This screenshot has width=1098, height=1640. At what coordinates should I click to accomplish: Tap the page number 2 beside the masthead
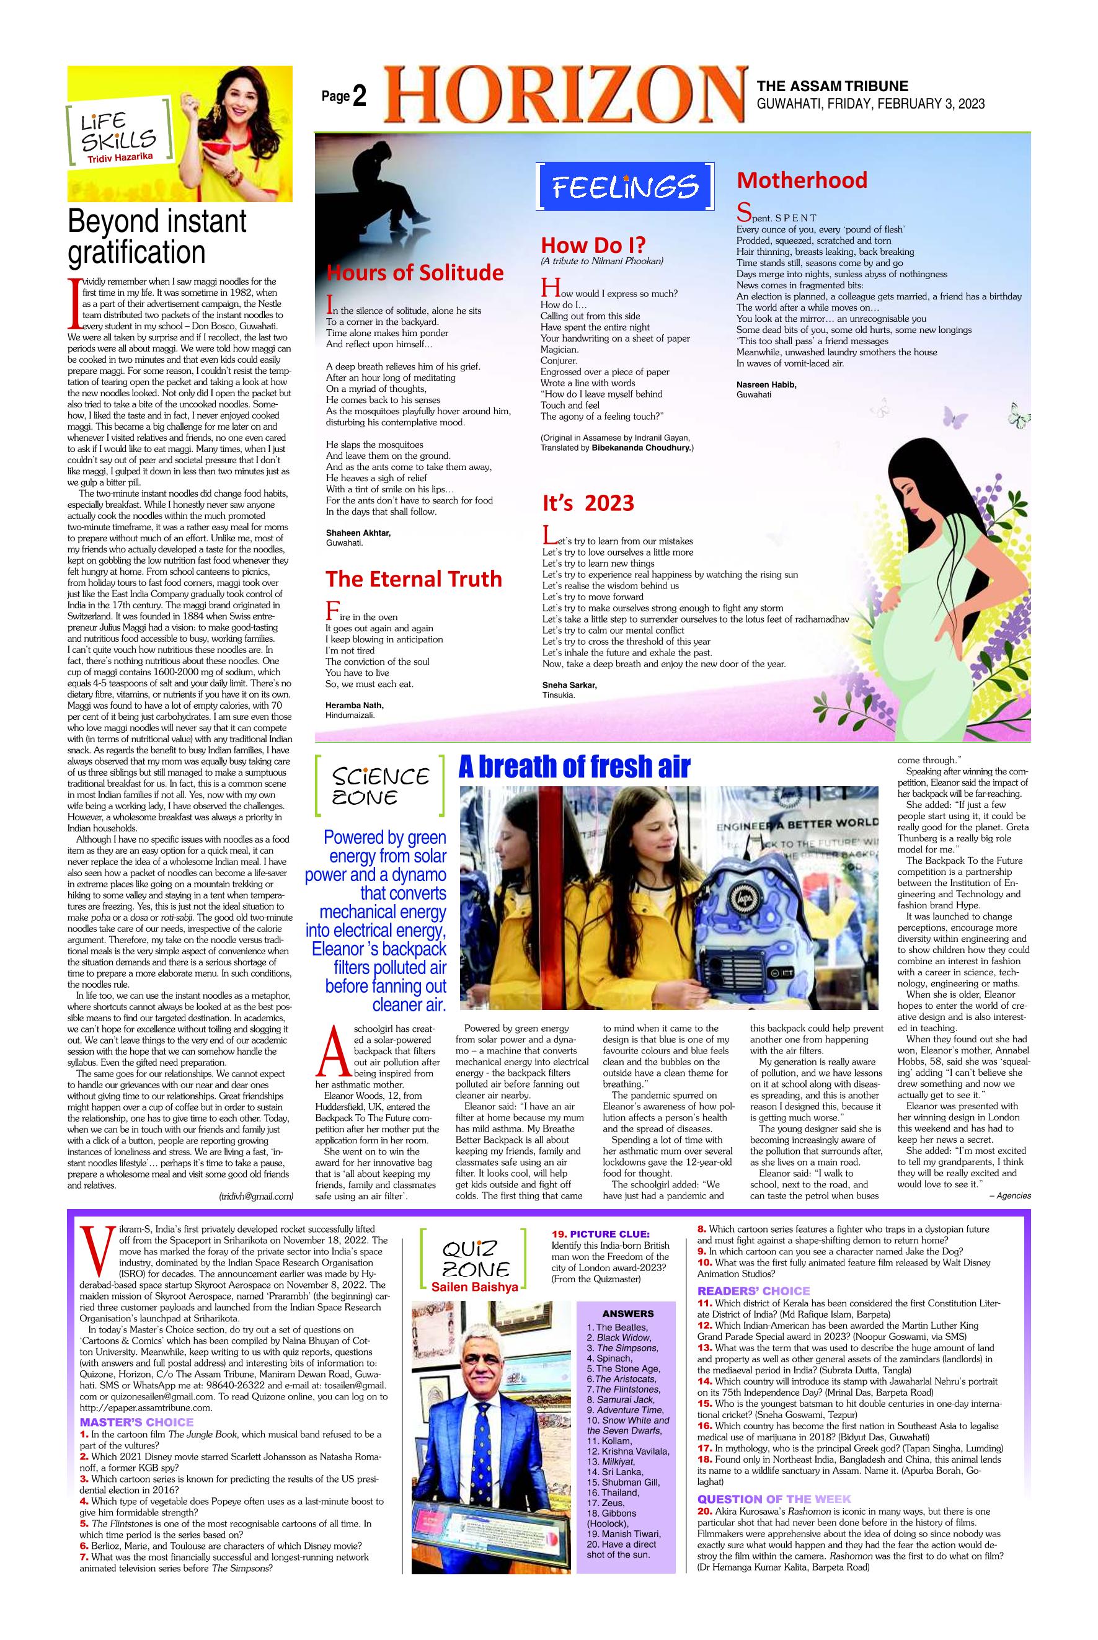359,97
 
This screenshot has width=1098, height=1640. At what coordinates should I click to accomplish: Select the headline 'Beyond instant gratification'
157,236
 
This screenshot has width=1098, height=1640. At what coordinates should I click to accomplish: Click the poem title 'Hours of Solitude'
415,272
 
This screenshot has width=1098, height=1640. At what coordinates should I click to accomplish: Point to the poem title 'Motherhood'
802,180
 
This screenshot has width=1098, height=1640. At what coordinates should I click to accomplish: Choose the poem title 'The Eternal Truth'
413,578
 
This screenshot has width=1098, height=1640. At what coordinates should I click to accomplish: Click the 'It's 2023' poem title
588,503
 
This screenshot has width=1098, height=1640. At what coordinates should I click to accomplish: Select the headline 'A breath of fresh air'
574,767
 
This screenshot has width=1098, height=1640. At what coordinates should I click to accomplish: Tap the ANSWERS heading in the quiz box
627,1314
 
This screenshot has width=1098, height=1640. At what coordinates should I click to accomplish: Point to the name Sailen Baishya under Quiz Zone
474,1287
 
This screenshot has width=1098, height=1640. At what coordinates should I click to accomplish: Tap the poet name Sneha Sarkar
569,685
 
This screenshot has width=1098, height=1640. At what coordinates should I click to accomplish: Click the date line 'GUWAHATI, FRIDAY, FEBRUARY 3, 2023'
870,104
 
